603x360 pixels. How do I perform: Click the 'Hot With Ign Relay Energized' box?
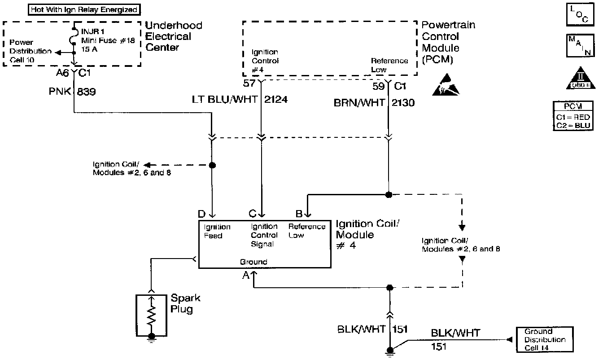tap(84, 9)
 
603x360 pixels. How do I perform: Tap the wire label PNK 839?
tap(72, 92)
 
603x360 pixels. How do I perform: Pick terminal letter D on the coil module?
tap(202, 214)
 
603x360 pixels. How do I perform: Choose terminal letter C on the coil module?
tap(253, 214)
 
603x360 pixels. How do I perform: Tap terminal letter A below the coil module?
tap(246, 276)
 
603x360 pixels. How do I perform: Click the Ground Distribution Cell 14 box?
tap(545, 339)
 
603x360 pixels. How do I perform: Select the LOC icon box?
tap(577, 15)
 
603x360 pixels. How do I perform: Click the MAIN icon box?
tap(577, 45)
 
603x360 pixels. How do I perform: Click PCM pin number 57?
tap(249, 83)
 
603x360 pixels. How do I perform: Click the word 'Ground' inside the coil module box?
tap(253, 262)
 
